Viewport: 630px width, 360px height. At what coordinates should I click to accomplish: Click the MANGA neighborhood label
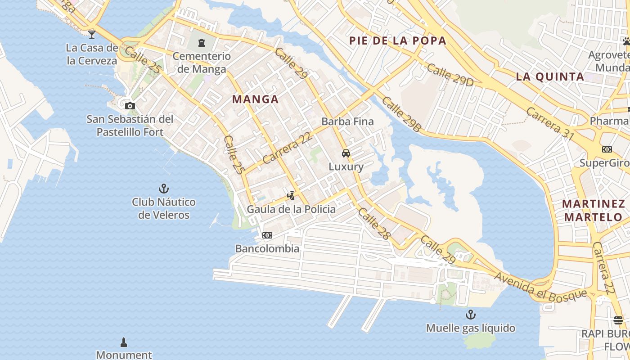point(255,99)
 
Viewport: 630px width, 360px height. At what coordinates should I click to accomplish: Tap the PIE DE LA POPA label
point(398,41)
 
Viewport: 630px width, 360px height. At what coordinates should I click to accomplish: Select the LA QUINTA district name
point(550,76)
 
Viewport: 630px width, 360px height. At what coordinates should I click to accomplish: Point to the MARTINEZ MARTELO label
point(593,211)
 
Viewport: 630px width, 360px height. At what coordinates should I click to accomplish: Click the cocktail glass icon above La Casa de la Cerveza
point(92,34)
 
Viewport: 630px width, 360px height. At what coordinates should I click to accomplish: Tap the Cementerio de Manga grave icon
point(202,43)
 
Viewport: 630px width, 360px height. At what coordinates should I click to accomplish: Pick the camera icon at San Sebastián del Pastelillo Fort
point(130,106)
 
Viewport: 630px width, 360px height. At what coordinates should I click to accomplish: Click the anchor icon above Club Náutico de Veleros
point(164,188)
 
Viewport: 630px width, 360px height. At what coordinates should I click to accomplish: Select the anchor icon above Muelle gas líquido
point(470,314)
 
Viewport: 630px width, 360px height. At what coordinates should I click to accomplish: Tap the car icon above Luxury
point(346,153)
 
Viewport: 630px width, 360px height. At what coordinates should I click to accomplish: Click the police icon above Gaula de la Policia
point(291,195)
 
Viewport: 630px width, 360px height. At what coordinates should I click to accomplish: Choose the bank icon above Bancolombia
point(267,235)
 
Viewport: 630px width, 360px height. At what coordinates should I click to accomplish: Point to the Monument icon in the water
point(124,342)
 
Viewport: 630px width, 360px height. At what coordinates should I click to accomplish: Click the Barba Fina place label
point(347,121)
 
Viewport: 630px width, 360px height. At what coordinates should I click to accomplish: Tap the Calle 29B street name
point(402,114)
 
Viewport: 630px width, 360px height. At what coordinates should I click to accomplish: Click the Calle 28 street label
point(374,223)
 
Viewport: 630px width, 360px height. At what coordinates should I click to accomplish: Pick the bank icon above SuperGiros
point(607,149)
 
